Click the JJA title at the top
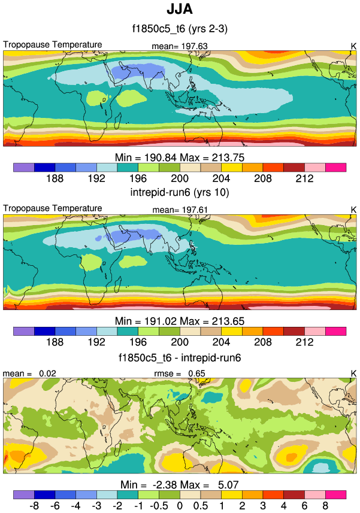click(x=180, y=10)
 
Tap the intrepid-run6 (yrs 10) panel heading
click(x=180, y=193)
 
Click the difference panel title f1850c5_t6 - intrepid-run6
click(x=180, y=357)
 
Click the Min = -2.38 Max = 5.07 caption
click(x=180, y=484)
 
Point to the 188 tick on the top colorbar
click(x=55, y=178)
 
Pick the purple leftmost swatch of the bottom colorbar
click(x=23, y=495)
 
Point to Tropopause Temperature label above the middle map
click(x=53, y=208)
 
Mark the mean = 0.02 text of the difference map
click(x=28, y=374)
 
